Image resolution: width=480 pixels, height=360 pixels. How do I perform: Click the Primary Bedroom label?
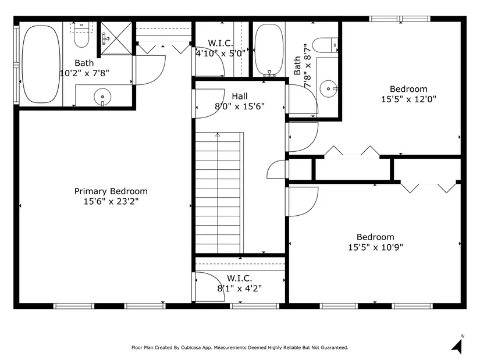coord(111,191)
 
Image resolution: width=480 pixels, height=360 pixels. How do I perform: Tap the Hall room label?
coord(240,96)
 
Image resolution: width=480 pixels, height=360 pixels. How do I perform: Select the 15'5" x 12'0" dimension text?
coord(408,99)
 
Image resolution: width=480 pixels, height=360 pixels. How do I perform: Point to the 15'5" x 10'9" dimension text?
coord(375,247)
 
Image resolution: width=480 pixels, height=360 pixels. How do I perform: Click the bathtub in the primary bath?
coord(41,64)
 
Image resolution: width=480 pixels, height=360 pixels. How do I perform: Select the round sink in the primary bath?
coord(102,97)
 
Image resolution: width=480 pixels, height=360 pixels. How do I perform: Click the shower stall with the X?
coord(116,38)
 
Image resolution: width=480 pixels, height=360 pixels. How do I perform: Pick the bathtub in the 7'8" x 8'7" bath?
coord(269,50)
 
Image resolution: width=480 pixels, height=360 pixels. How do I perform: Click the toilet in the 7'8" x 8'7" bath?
coord(325,45)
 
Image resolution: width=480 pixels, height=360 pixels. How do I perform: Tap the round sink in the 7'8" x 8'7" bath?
coord(329,89)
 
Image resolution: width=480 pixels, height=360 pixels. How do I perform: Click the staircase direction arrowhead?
coord(218,134)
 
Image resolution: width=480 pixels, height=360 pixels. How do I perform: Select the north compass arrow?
coord(457,346)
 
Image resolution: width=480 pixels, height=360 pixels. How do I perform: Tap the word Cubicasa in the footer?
coord(191,347)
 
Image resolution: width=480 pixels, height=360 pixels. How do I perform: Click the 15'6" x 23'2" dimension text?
coord(111,201)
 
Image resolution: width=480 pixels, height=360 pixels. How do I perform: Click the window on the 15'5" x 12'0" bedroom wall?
coord(400,19)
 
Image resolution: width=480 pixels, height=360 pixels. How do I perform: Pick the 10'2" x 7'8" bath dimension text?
coord(84,73)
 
